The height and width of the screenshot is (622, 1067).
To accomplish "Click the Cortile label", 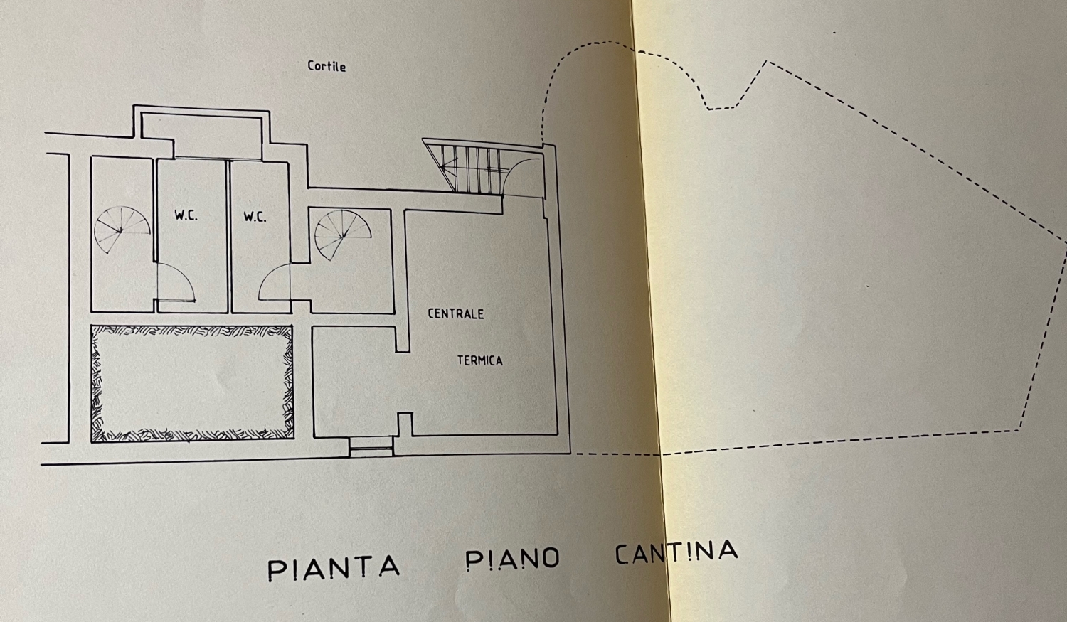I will coord(327,66).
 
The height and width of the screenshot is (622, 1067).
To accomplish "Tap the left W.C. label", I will coord(186,215).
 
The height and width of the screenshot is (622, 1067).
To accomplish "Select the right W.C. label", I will coord(254,216).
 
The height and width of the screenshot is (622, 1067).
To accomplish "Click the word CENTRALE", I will coord(455,313).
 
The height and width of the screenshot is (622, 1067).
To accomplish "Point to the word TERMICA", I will coord(479,360).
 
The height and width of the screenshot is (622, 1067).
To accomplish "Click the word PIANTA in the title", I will coord(334,567).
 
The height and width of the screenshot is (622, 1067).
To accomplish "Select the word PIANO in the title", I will coord(512,559).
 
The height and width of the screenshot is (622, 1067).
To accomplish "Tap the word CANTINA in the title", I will coord(676,552).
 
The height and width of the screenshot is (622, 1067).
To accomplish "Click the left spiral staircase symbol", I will coord(121,230).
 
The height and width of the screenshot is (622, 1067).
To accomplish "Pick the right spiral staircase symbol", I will coord(342,234).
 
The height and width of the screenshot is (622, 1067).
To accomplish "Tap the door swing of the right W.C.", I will coord(275,283).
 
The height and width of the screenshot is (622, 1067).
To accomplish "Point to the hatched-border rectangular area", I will coord(192,384).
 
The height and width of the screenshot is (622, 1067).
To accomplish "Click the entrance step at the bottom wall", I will coord(371,446).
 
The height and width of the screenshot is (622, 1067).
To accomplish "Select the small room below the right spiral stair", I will coord(354,382).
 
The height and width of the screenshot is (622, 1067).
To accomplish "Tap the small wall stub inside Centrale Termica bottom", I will coord(405,424).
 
